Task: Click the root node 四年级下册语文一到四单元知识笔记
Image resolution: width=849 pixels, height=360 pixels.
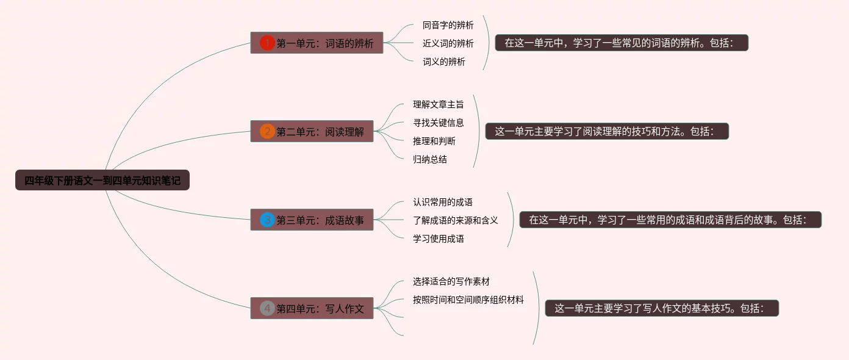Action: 102,181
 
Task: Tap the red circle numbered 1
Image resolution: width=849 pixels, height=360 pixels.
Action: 267,43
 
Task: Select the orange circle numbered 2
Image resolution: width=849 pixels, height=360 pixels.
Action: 267,131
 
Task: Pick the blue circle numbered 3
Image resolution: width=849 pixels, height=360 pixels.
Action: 267,220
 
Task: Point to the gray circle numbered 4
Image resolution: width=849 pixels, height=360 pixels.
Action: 267,308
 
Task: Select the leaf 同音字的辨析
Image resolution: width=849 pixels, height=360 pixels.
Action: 448,25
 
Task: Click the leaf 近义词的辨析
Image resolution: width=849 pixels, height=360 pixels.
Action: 448,43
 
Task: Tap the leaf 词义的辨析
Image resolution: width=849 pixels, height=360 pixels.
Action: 443,62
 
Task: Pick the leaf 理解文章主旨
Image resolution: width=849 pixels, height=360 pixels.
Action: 438,104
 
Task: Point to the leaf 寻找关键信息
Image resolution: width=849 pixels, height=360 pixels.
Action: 438,123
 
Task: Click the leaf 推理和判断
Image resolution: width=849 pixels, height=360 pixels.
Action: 434,141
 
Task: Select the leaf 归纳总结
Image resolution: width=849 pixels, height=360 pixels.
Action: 429,159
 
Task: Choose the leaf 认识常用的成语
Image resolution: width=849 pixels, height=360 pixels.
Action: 442,202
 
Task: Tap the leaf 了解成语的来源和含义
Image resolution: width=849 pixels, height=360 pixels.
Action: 455,220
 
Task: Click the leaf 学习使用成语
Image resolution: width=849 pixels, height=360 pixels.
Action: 438,239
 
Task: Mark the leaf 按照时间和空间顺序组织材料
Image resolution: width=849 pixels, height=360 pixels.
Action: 468,300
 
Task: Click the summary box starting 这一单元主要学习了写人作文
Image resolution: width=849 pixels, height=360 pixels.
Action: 662,308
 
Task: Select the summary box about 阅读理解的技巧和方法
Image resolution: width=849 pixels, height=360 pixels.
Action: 607,131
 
